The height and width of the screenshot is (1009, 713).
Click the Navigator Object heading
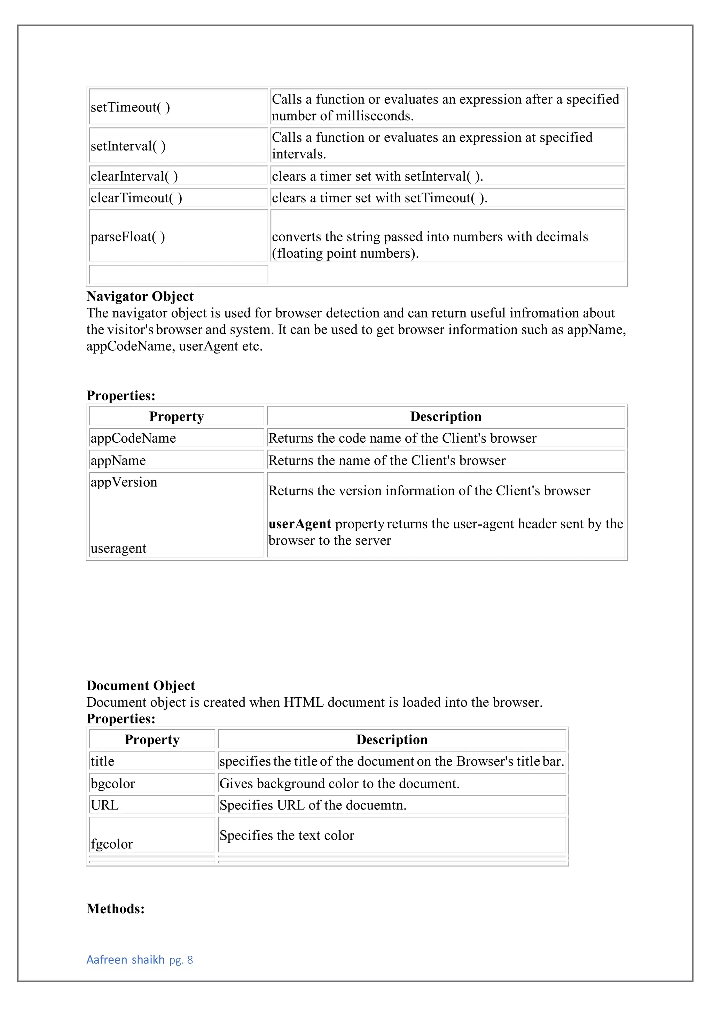pyautogui.click(x=140, y=296)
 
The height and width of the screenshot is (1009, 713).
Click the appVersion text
pyautogui.click(x=124, y=482)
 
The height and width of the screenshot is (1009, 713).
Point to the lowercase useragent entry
pyautogui.click(x=119, y=548)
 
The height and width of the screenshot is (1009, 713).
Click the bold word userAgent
pyautogui.click(x=300, y=524)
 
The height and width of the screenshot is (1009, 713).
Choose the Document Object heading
pyautogui.click(x=141, y=685)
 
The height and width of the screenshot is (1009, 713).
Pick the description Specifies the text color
pyautogui.click(x=287, y=836)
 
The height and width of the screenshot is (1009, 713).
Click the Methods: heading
pyautogui.click(x=116, y=908)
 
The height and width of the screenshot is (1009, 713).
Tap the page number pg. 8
pyautogui.click(x=181, y=960)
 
